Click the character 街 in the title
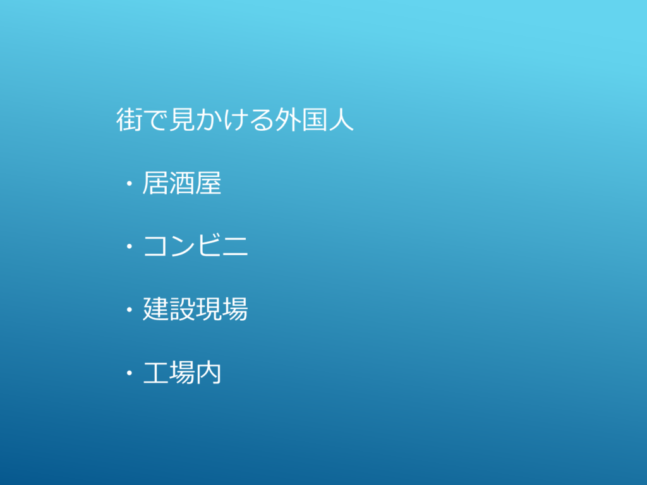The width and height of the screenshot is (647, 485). click(x=129, y=119)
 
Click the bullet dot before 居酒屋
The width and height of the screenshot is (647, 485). click(x=130, y=183)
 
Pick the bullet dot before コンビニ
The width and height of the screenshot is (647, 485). click(x=130, y=246)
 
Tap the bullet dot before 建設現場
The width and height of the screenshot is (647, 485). click(x=130, y=309)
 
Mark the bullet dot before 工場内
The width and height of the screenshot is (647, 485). click(x=130, y=373)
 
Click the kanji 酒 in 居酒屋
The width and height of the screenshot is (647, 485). click(x=182, y=183)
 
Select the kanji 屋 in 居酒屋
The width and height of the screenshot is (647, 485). click(x=209, y=183)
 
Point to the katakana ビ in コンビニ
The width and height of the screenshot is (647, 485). click(x=209, y=246)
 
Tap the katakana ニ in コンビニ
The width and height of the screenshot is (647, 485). click(x=235, y=246)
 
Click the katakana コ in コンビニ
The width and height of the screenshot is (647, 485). click(x=156, y=246)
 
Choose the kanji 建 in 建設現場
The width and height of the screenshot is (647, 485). click(x=155, y=309)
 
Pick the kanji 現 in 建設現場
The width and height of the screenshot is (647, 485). click(x=209, y=309)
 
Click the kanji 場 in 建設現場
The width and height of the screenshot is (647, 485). click(x=235, y=309)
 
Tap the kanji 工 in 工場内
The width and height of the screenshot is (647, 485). click(x=155, y=373)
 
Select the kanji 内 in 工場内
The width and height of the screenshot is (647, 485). click(x=209, y=373)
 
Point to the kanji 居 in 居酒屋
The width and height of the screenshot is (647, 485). click(x=155, y=183)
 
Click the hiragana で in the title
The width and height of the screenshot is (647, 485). click(x=155, y=120)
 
